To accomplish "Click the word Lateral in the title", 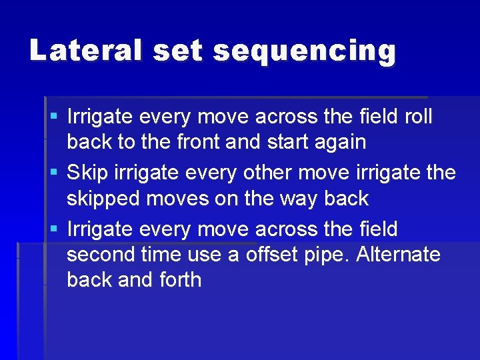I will pos(85,51).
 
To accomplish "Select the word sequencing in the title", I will pos(305,52).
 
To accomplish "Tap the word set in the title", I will pos(177,51).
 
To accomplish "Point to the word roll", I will pos(418,117).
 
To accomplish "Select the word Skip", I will pos(88,173).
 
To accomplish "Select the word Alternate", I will pos(399,255).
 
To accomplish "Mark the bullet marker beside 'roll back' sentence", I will pos(54,117).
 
